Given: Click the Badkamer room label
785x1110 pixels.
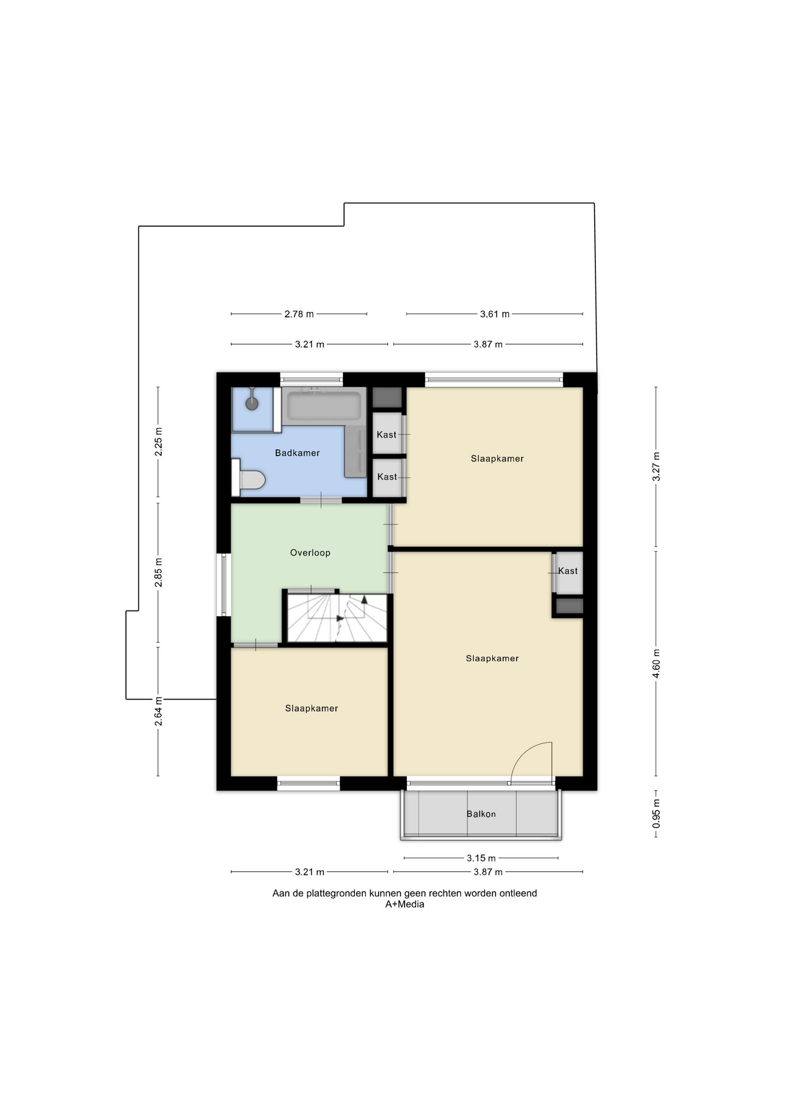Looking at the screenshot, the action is click(x=297, y=453).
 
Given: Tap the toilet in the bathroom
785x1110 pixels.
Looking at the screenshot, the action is click(x=249, y=479).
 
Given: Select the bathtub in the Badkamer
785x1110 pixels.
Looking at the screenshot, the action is click(x=324, y=406).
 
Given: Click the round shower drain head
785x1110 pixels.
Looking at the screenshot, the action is click(x=252, y=403).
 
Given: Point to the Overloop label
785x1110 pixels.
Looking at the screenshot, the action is click(x=310, y=553).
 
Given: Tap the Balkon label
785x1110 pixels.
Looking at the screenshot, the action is click(x=481, y=814).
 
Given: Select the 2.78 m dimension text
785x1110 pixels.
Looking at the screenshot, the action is click(x=299, y=314).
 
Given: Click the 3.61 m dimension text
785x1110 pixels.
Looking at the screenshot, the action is click(x=495, y=314).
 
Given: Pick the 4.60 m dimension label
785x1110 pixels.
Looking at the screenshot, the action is click(x=656, y=664).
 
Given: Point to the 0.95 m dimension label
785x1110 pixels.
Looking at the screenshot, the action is click(x=656, y=813).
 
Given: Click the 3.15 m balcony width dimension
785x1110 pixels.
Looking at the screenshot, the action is click(x=481, y=858).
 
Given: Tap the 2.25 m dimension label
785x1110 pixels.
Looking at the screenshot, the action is click(x=158, y=442).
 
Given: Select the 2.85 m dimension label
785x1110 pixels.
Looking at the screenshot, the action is click(x=158, y=573).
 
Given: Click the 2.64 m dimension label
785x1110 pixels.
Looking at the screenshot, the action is click(x=158, y=712).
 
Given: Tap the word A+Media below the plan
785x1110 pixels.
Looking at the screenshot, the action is click(x=405, y=904).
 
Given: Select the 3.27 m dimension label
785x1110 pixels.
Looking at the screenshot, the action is click(x=656, y=467).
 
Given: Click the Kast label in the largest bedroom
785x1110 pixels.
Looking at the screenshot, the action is click(x=568, y=571).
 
